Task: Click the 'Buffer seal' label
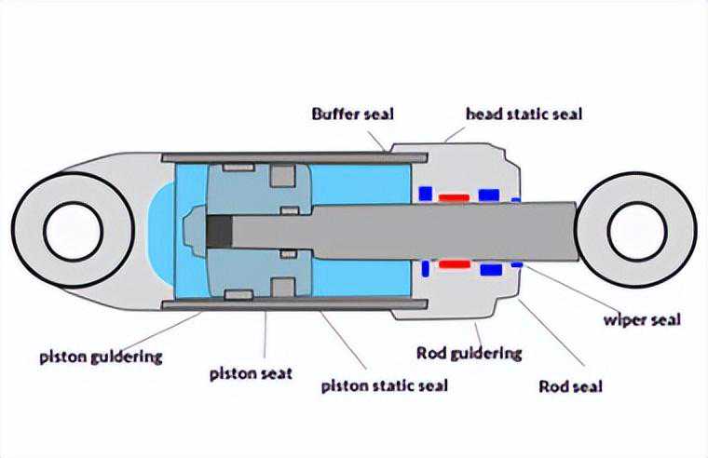(352, 114)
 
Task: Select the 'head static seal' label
(524, 114)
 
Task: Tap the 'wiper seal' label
(641, 321)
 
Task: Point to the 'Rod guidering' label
(469, 354)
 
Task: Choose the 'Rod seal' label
(570, 386)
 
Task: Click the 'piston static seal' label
(384, 385)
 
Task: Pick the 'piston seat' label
(250, 374)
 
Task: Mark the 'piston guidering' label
(102, 356)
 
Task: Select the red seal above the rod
(455, 197)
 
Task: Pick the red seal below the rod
(455, 264)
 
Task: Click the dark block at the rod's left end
(220, 232)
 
